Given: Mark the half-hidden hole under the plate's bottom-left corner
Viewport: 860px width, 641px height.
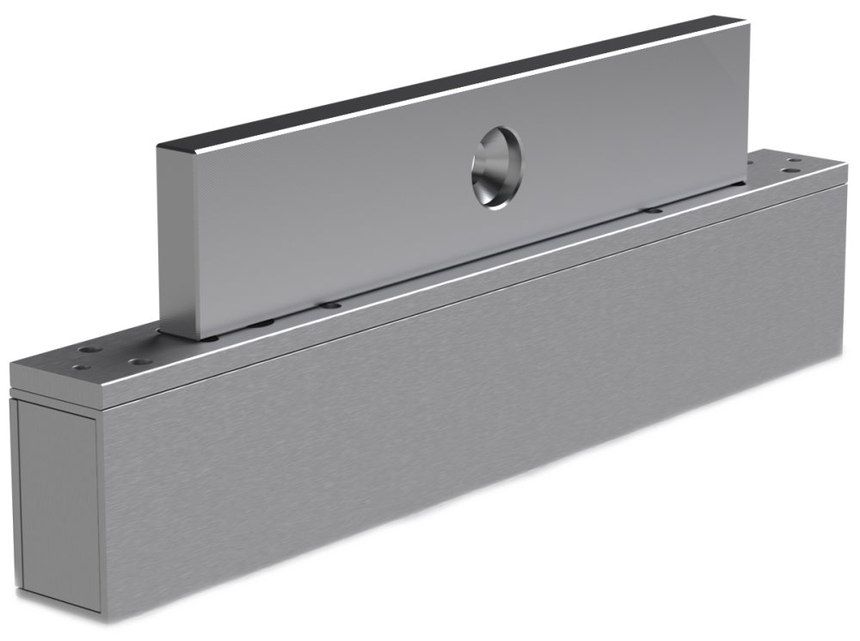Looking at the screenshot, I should coord(209,337).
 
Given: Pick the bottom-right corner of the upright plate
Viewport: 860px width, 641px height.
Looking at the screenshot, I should coord(746,182).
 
